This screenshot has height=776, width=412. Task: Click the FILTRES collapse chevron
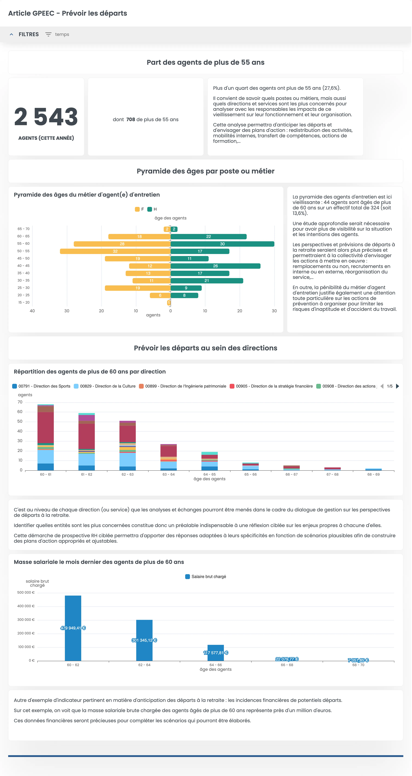pyautogui.click(x=11, y=34)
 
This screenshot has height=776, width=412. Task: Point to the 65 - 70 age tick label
pyautogui.click(x=24, y=229)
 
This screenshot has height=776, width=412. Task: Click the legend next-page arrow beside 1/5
pyautogui.click(x=398, y=386)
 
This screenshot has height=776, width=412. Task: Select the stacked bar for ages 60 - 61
pyautogui.click(x=46, y=437)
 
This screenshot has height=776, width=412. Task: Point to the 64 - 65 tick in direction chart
pyautogui.click(x=209, y=474)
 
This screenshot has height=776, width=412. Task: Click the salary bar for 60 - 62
pyautogui.click(x=73, y=628)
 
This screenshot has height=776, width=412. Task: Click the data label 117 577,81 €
pyautogui.click(x=216, y=653)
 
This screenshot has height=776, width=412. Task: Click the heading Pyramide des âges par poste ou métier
pyautogui.click(x=206, y=171)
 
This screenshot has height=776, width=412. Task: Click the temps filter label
pyautogui.click(x=62, y=34)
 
